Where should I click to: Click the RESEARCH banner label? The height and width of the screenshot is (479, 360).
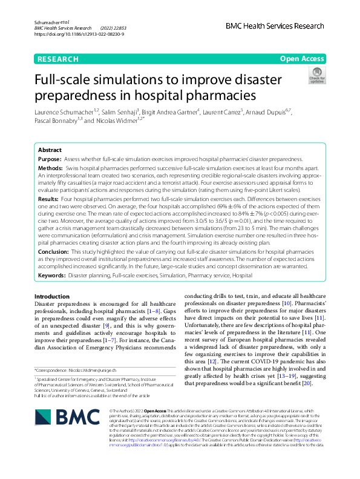(x=58, y=59)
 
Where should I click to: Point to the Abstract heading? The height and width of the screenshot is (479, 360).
(x=50, y=149)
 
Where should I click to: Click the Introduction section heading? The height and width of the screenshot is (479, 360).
(x=52, y=296)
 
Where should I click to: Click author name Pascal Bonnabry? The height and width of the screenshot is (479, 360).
(x=58, y=121)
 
